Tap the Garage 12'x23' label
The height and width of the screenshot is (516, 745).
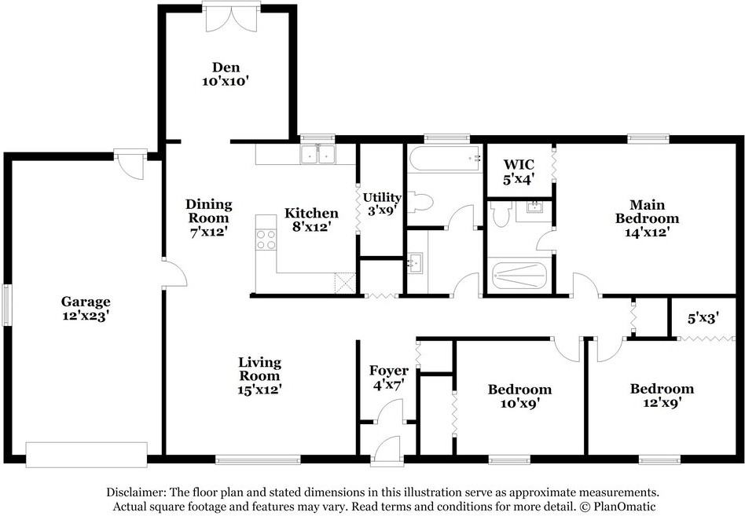click(x=86, y=309)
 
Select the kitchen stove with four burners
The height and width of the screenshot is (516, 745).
click(x=265, y=239)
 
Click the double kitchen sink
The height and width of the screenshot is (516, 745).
click(x=318, y=155)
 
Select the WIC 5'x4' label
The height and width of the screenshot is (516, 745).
click(x=519, y=171)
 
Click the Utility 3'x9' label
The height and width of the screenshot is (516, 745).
click(x=382, y=203)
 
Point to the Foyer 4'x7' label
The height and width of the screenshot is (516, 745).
click(x=389, y=378)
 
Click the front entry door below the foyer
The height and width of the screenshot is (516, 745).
click(x=386, y=451)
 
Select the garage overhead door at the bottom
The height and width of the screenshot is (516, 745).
click(x=86, y=453)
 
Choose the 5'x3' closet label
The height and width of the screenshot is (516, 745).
click(x=703, y=319)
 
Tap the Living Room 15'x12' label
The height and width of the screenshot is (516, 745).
click(x=260, y=375)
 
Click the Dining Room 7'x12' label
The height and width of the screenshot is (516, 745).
click(x=208, y=218)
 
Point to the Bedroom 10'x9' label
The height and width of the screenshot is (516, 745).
click(x=519, y=396)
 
